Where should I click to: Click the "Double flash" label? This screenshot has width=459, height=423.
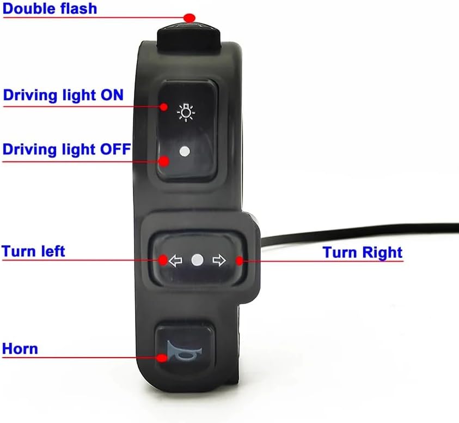(x=50, y=9)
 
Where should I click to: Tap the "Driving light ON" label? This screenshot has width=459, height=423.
(x=63, y=95)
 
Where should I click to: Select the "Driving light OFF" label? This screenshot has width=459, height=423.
(x=66, y=149)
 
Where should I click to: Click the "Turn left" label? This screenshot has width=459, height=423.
(x=34, y=251)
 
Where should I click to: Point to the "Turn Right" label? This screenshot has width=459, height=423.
(x=362, y=252)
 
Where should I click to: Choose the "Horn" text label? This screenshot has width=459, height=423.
(x=20, y=348)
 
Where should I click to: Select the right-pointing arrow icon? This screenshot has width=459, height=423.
(x=219, y=261)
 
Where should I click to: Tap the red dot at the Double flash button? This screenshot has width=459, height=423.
(x=189, y=17)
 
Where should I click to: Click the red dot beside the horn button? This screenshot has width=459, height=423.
(x=162, y=358)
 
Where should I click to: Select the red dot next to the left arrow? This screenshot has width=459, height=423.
(x=163, y=260)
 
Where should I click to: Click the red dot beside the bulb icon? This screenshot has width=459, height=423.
(x=164, y=107)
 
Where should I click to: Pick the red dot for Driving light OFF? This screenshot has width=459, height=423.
(x=164, y=160)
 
